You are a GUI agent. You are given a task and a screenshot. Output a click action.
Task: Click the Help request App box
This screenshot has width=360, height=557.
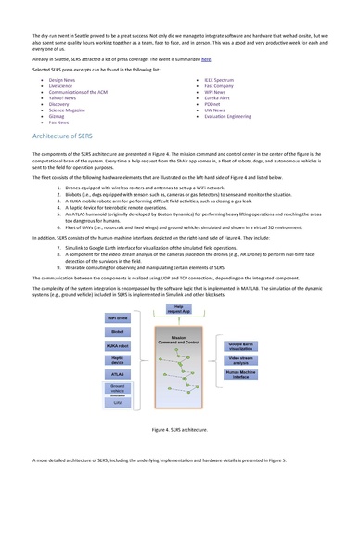pyautogui.click(x=179, y=307)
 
